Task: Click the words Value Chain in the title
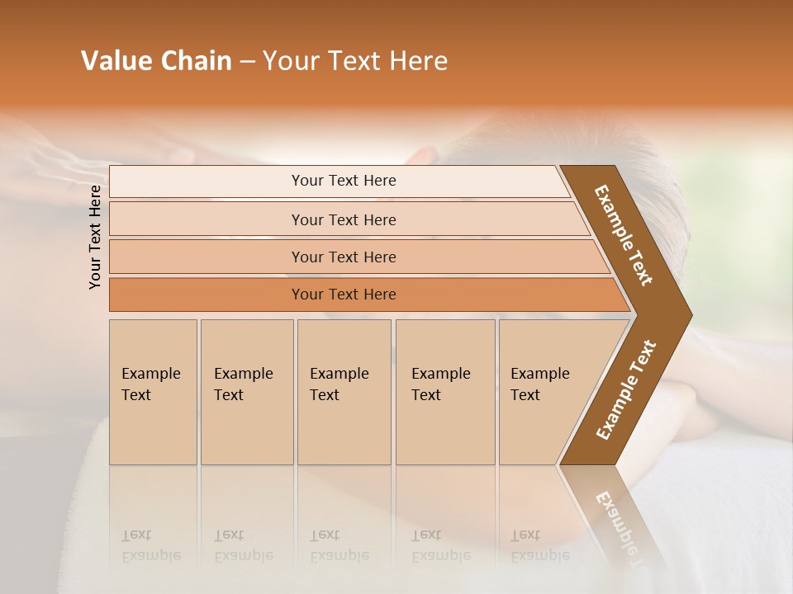coord(156,61)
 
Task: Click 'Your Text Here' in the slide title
coord(355,61)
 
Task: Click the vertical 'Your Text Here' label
coord(95,237)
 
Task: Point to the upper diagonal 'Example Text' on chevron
coord(624,235)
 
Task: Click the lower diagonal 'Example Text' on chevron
coord(625,389)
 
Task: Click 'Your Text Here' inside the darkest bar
coord(344,295)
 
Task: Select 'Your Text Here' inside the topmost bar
coord(344,181)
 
